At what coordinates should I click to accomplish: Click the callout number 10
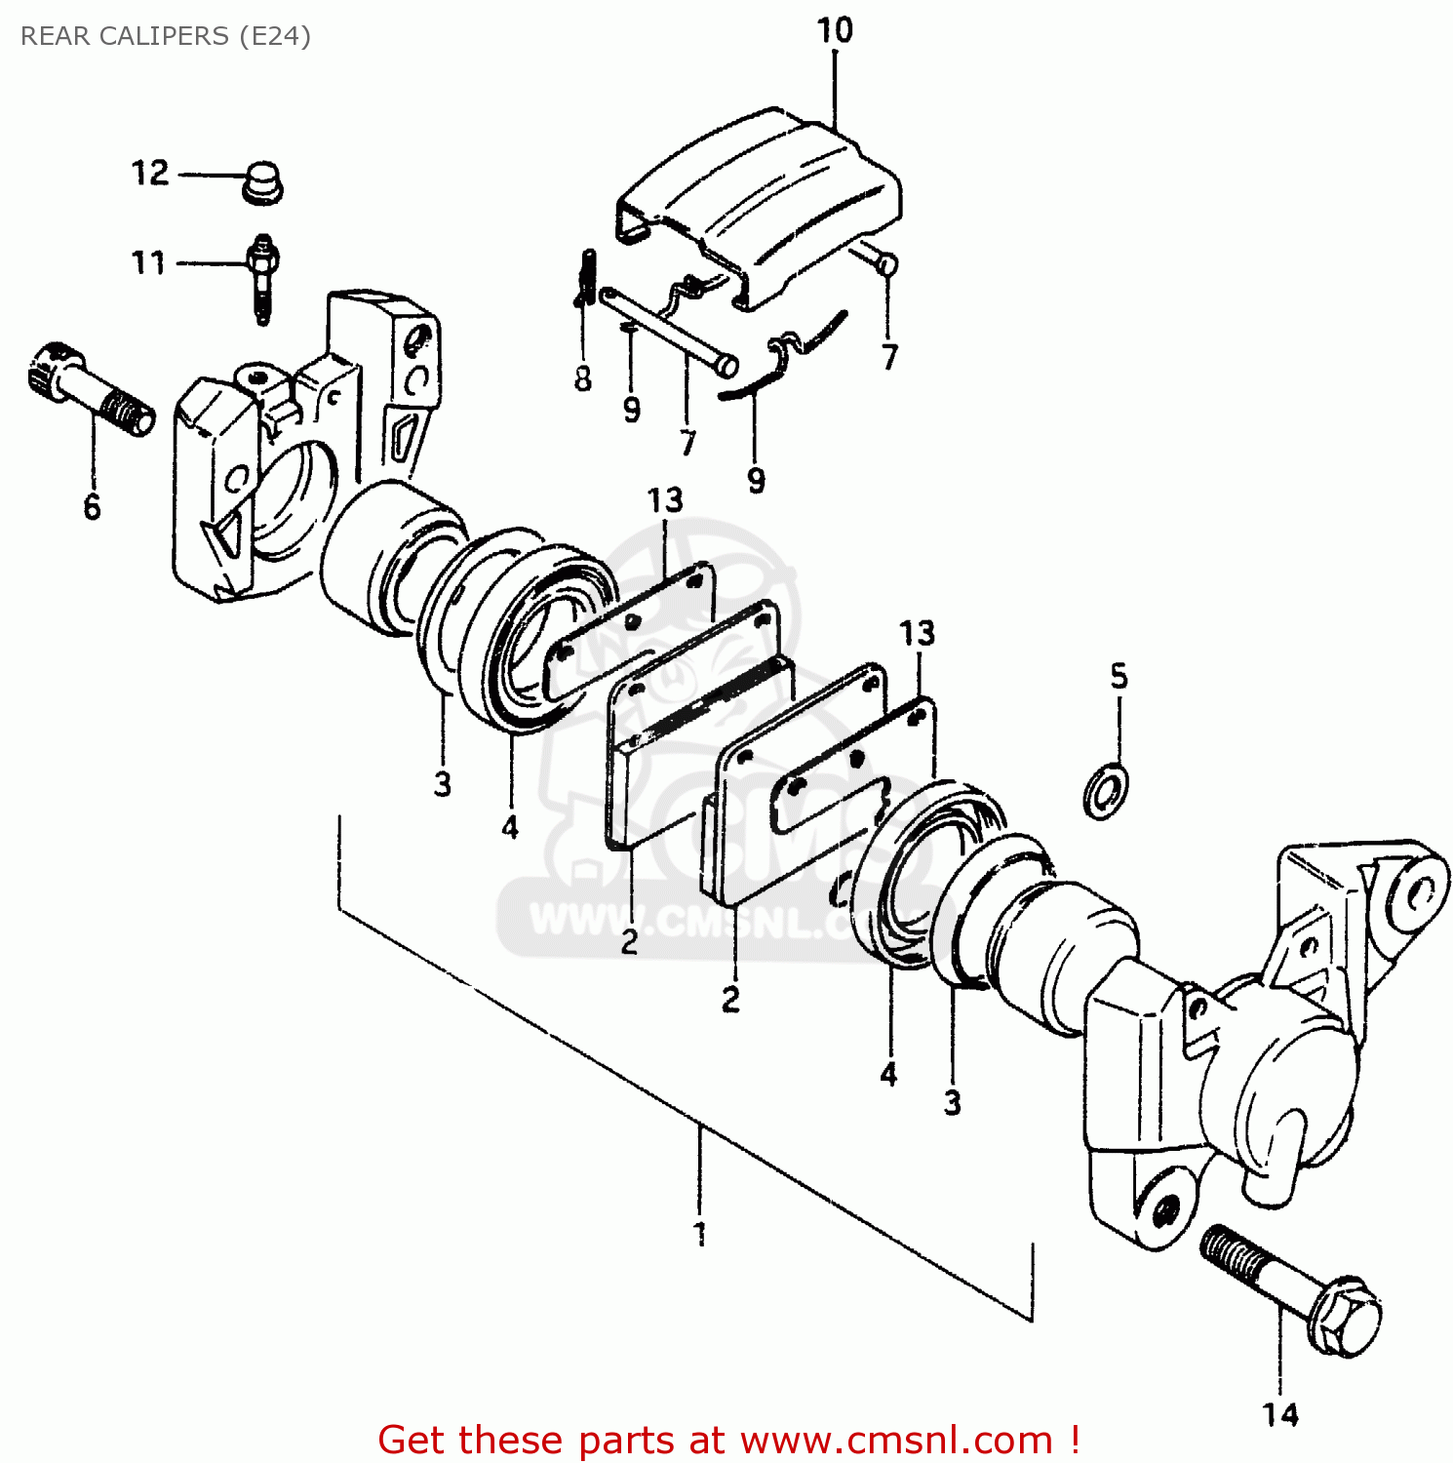point(835,30)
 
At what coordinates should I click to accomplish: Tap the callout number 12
point(150,174)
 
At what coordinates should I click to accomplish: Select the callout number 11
point(148,262)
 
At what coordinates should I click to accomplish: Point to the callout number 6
point(92,506)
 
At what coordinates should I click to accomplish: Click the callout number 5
point(1119,676)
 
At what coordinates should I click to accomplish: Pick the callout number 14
point(1280,1413)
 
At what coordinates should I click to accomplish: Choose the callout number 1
point(699,1234)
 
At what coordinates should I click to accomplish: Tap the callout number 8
point(583,378)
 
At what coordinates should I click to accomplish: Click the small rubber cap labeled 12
point(261,184)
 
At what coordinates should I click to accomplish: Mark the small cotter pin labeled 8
point(587,278)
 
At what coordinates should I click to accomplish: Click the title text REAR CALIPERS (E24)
point(165,36)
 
